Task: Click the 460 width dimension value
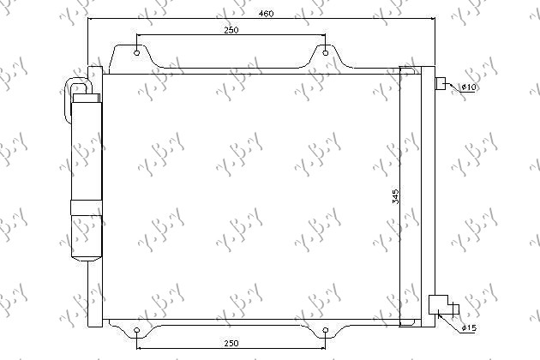click(x=269, y=13)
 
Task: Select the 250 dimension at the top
click(x=231, y=30)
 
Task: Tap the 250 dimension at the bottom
click(x=231, y=344)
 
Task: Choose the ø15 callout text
click(x=470, y=328)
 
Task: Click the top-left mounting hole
click(x=138, y=53)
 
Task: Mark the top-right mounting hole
click(x=326, y=53)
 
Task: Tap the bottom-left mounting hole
click(x=138, y=330)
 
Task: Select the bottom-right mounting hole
click(x=326, y=330)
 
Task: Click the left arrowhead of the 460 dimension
click(x=89, y=19)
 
